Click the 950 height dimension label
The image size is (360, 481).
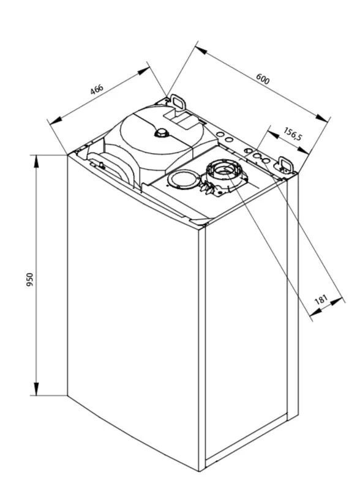point(30,279)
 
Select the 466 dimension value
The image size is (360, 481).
point(97,89)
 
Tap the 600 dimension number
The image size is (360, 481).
point(263,78)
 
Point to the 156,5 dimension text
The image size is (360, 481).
point(293,134)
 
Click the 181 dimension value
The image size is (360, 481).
point(321,299)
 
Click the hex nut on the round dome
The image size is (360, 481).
point(161,133)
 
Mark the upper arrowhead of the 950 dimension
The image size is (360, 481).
point(37,162)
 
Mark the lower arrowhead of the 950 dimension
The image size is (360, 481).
point(37,389)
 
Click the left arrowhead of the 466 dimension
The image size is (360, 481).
point(56,121)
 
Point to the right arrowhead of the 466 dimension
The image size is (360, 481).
point(144,71)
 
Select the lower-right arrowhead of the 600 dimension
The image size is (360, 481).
point(322,118)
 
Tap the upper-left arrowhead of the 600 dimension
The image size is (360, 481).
point(201,50)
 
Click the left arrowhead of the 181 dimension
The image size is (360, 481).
point(315,313)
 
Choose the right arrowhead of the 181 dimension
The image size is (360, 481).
point(336,301)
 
